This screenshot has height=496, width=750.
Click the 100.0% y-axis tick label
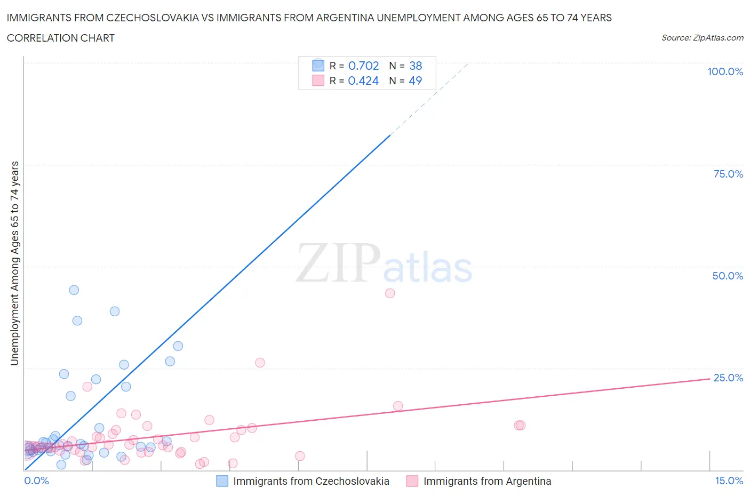click(725, 71)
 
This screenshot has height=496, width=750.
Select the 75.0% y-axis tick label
click(728, 174)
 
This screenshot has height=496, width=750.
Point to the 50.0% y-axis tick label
click(728, 276)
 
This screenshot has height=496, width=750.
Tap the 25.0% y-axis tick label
click(728, 378)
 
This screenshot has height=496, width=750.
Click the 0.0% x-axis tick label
click(36, 481)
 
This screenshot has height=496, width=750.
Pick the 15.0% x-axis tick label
click(729, 481)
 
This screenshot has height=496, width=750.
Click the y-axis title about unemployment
click(14, 263)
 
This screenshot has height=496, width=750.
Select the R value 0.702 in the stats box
click(363, 66)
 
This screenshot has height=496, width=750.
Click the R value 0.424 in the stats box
click(363, 81)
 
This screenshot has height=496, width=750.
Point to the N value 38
click(416, 66)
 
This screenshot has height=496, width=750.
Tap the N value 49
click(416, 81)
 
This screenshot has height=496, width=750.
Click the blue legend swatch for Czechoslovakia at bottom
click(222, 481)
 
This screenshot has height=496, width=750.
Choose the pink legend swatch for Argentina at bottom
click(412, 481)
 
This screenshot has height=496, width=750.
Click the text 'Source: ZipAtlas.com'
click(702, 38)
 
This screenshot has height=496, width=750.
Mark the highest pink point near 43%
click(390, 293)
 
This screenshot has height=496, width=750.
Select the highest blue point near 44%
click(74, 290)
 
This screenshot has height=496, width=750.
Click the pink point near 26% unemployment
click(260, 363)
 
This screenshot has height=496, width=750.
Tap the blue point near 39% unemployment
click(115, 311)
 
